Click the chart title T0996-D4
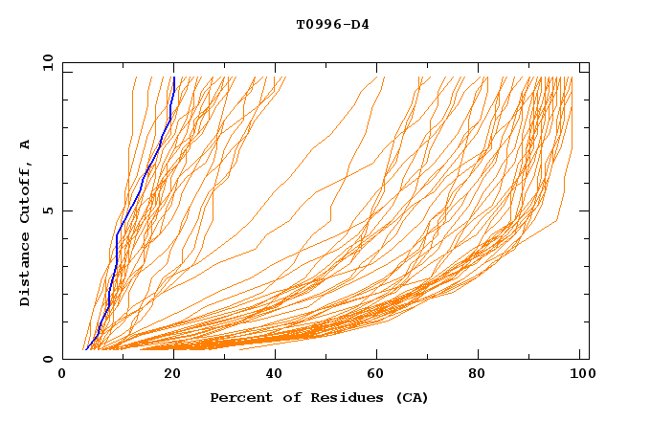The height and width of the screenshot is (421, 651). coord(332,25)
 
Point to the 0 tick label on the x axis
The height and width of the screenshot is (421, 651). coord(62,376)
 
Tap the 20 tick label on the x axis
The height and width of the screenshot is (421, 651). coord(167,376)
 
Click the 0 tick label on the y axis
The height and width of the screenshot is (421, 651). coord(47,360)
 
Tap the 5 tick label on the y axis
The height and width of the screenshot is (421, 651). coord(47,210)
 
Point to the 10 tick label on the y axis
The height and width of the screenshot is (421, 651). coord(44,62)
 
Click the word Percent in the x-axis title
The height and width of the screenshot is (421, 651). coord(238,398)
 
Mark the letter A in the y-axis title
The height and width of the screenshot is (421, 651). coord(26,144)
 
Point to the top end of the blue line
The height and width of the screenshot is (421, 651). coord(173,78)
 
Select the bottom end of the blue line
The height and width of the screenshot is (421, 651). coord(85,350)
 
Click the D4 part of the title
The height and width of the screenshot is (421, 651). coord(360,25)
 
